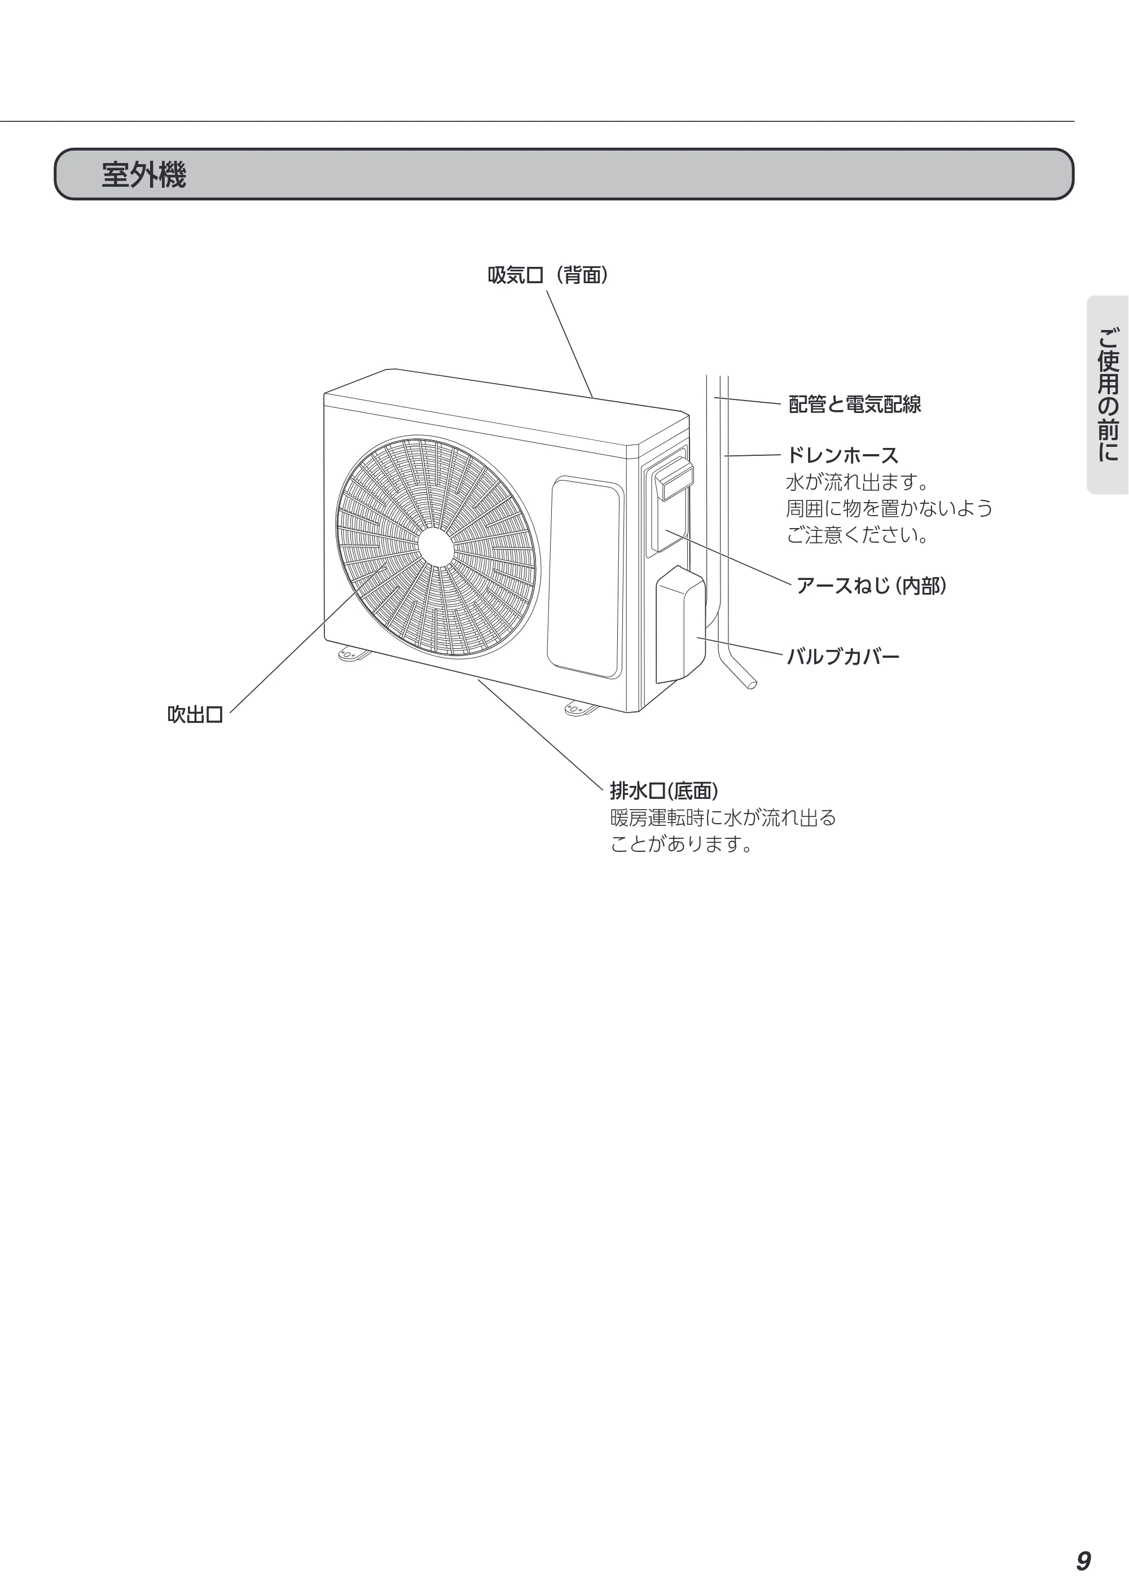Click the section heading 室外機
(x=144, y=174)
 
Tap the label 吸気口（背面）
(x=548, y=276)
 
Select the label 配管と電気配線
(x=854, y=404)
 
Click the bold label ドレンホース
(x=842, y=456)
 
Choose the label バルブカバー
(x=842, y=657)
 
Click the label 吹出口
(x=195, y=715)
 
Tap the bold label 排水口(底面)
(x=664, y=790)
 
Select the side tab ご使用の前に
(x=1108, y=395)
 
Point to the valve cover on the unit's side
(x=680, y=624)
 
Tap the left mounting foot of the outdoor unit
(x=354, y=653)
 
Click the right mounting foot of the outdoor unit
(x=581, y=709)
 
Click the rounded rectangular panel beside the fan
(x=585, y=577)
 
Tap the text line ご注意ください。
(x=858, y=535)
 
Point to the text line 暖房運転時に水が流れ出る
(x=723, y=817)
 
